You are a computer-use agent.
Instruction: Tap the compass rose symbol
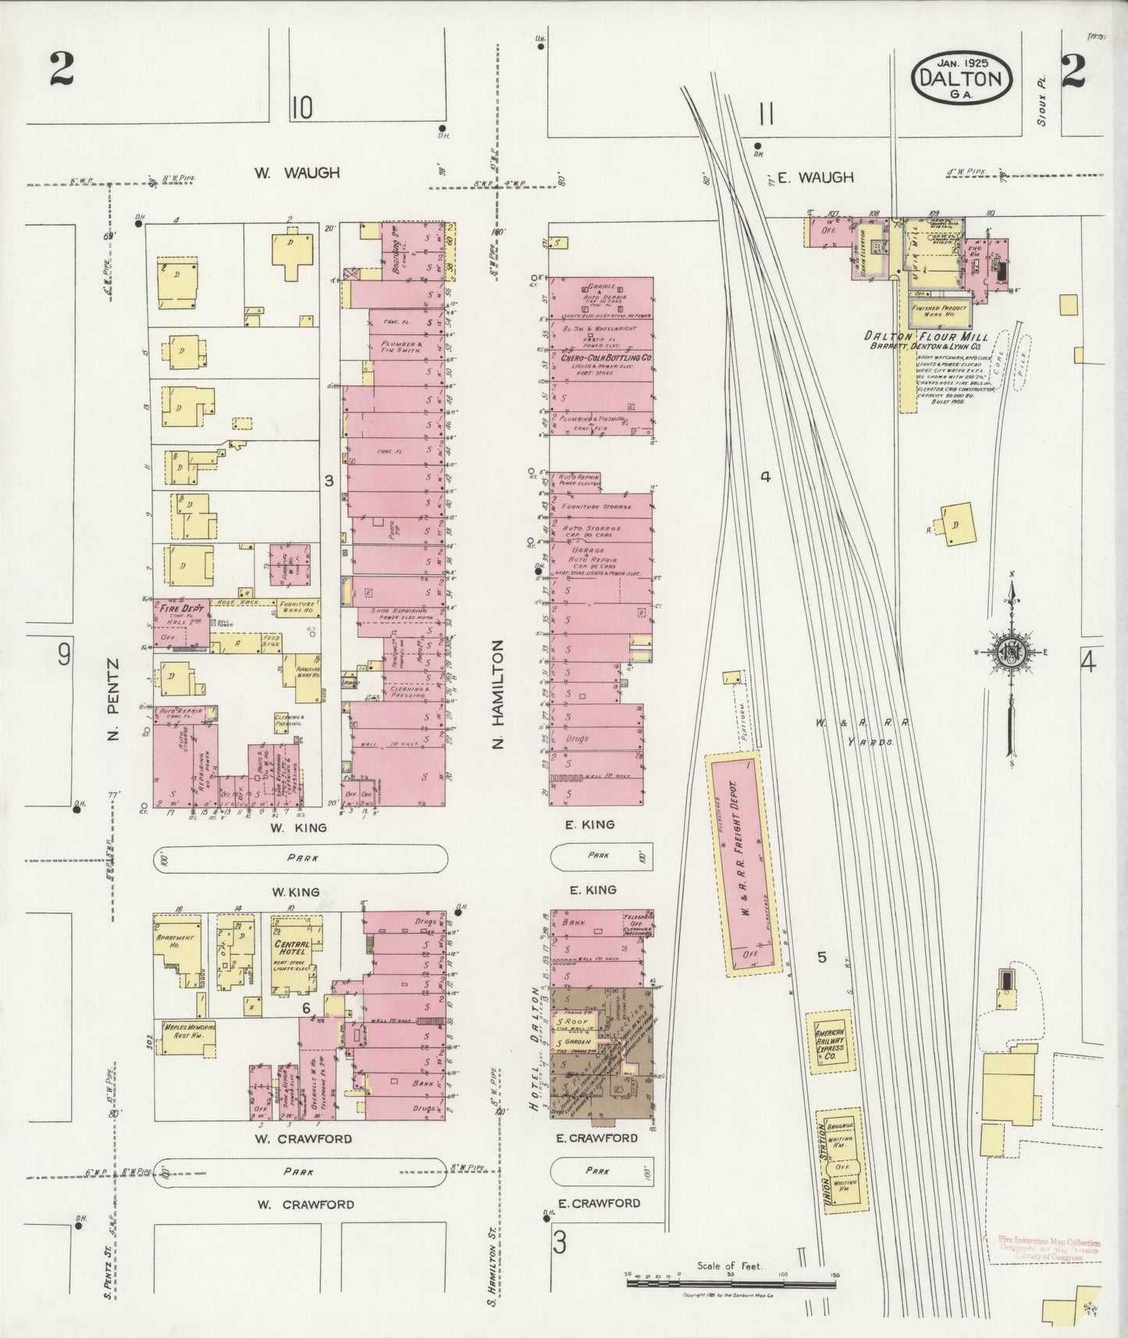click(1011, 652)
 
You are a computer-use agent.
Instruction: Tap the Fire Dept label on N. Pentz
click(176, 608)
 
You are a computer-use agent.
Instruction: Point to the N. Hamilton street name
click(499, 695)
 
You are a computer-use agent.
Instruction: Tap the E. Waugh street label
click(815, 178)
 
